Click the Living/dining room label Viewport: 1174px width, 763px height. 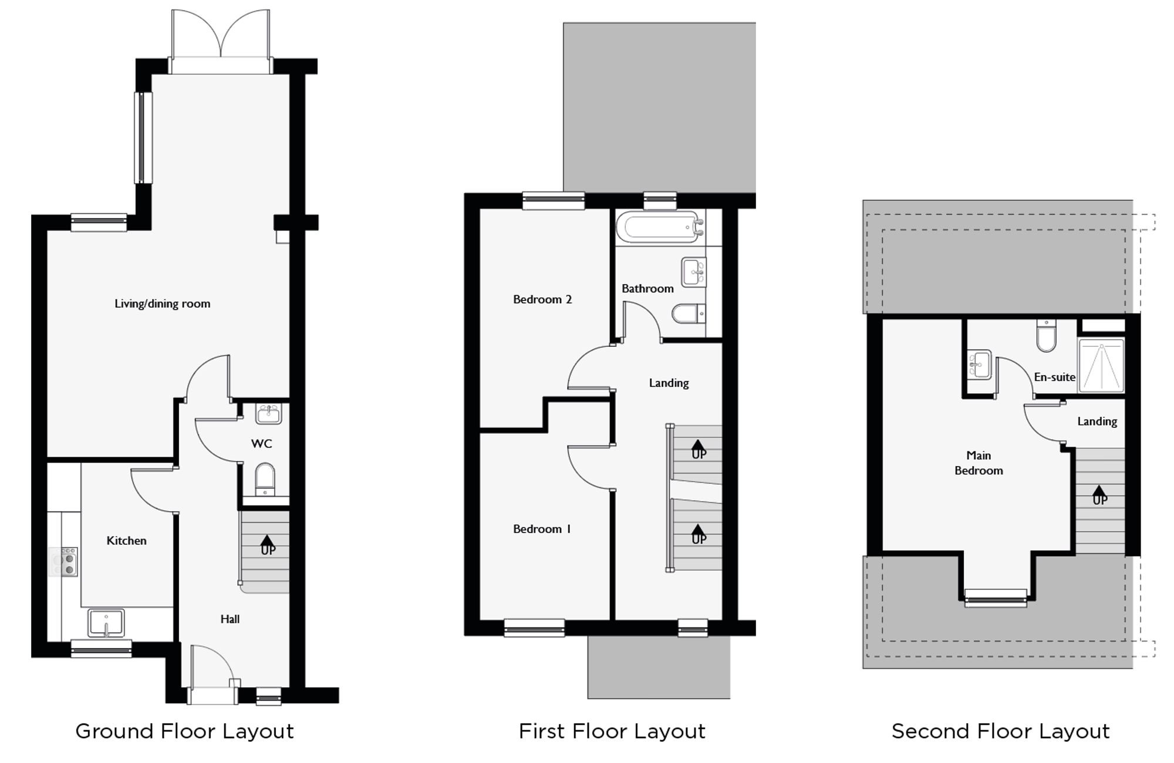pos(162,304)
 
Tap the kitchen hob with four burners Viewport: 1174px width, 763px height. pos(64,562)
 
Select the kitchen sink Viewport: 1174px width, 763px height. pos(106,623)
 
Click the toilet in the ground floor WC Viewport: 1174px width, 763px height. pos(265,479)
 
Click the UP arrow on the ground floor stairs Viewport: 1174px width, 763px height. pos(267,545)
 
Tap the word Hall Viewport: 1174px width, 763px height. pos(230,619)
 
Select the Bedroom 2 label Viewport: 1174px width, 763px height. pos(542,300)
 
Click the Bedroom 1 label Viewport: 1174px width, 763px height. pos(541,529)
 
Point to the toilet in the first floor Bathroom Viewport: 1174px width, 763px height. pos(687,314)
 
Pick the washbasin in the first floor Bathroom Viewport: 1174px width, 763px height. pos(694,272)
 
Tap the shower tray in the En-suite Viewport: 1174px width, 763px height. pos(1101,366)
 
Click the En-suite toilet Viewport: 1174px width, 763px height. pos(1046,336)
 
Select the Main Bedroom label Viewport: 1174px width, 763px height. pos(979,463)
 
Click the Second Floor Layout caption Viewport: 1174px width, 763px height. pos(1000,732)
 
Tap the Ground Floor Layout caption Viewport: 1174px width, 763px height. pos(184,732)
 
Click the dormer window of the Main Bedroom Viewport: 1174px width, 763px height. pos(996,598)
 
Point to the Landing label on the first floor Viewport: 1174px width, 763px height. pos(669,383)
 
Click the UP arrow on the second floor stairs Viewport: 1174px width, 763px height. pos(1099,495)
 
